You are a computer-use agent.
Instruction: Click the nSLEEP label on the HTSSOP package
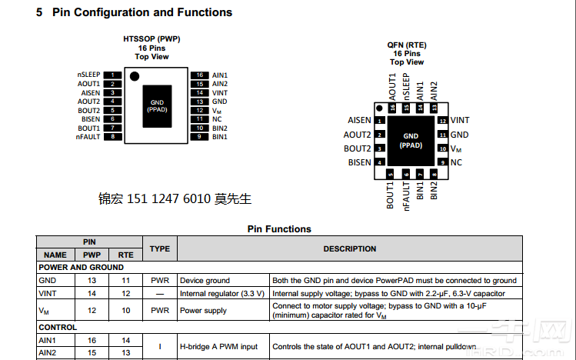(x=88, y=75)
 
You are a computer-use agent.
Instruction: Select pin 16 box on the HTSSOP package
(x=199, y=75)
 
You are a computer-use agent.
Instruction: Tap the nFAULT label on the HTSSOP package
(x=88, y=137)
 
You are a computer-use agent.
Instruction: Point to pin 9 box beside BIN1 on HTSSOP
(x=199, y=137)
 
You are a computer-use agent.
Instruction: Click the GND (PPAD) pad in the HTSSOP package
(x=157, y=105)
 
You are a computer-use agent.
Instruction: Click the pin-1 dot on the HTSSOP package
(x=135, y=76)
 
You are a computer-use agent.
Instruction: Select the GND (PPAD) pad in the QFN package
(x=411, y=141)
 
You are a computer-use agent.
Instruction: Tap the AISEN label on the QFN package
(x=359, y=121)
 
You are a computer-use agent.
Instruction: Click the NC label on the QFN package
(x=456, y=163)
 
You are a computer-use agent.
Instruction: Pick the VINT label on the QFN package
(x=460, y=121)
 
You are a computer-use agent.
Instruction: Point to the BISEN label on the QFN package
(x=359, y=163)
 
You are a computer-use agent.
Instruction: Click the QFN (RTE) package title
(x=406, y=45)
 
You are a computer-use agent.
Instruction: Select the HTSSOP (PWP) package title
(x=152, y=38)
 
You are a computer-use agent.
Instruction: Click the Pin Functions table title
(x=279, y=229)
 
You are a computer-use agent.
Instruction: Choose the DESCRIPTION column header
(x=350, y=249)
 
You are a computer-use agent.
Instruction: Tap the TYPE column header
(x=159, y=249)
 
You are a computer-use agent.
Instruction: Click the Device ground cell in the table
(x=205, y=281)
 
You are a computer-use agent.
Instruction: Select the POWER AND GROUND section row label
(x=81, y=268)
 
